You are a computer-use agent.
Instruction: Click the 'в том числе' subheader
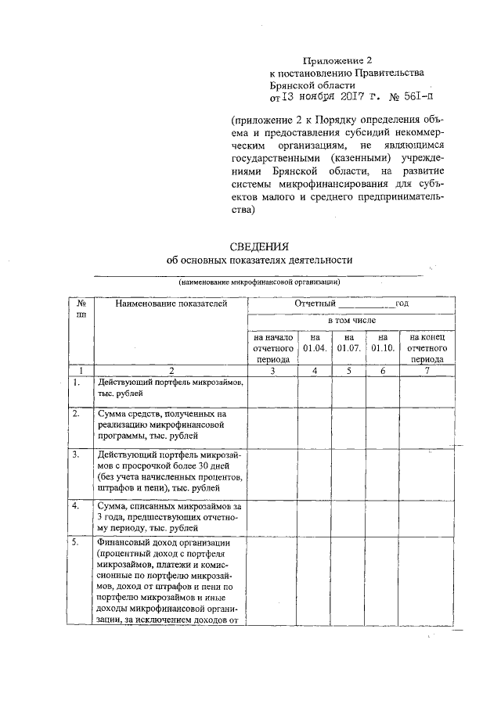pos(351,321)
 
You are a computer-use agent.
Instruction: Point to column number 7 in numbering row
pos(427,370)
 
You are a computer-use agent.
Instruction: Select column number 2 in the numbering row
pos(170,370)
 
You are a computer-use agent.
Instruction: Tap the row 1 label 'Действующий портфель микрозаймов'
pos(170,383)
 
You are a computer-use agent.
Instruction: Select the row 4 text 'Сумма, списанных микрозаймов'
pos(170,507)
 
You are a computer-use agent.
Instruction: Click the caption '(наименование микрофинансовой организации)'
pos(258,282)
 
